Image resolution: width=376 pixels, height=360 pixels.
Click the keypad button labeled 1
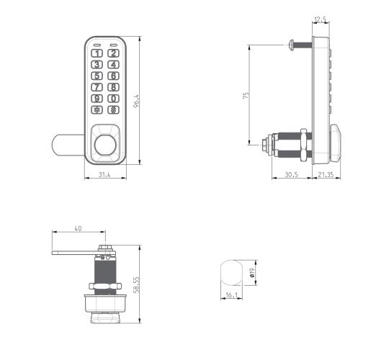97,53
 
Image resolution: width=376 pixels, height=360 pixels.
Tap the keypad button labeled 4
113,64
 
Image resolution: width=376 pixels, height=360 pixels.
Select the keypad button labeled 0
113,99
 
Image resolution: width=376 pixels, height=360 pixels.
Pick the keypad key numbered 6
113,76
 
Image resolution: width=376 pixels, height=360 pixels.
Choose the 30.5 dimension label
291,174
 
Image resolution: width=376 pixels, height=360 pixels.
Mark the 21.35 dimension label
325,174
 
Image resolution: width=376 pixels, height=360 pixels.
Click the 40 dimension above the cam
78,228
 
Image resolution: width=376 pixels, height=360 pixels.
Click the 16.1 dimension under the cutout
231,295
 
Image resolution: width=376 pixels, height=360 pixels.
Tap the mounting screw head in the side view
290,45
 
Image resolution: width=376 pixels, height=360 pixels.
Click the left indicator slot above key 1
97,42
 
